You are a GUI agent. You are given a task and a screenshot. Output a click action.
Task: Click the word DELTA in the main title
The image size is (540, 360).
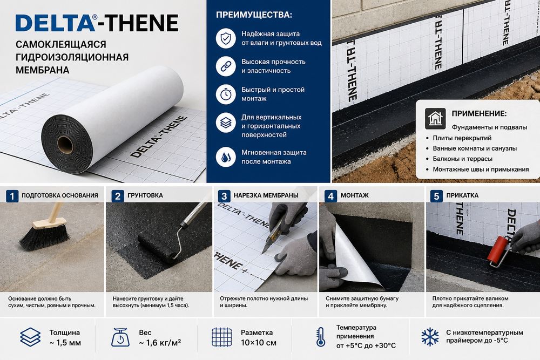[x=55, y=23]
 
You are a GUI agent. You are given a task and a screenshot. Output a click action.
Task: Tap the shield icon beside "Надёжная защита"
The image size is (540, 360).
[x=226, y=38]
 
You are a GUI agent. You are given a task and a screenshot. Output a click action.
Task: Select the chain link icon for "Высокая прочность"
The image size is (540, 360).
[x=226, y=66]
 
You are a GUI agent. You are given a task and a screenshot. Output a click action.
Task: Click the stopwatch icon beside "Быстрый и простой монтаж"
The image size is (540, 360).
[x=226, y=94]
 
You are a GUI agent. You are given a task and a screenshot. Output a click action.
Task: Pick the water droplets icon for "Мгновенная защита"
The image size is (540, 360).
[x=226, y=157]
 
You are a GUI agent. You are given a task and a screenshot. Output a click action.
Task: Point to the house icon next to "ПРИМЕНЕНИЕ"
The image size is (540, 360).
[x=435, y=118]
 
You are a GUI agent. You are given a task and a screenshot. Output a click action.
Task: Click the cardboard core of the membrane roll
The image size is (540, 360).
[x=65, y=145]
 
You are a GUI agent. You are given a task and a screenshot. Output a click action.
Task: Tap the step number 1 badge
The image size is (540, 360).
[x=12, y=196]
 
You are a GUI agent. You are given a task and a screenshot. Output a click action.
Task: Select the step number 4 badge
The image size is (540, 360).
[x=330, y=196]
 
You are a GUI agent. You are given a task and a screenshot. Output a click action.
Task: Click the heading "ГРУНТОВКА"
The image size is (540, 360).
[x=145, y=195]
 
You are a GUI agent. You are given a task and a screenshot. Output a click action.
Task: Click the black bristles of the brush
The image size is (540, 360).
[x=44, y=237]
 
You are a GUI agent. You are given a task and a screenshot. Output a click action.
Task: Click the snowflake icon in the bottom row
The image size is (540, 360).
[x=430, y=337]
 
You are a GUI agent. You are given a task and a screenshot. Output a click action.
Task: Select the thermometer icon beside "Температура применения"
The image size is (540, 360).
[x=321, y=337]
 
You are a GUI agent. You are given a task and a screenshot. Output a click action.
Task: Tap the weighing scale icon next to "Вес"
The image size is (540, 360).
[x=120, y=337]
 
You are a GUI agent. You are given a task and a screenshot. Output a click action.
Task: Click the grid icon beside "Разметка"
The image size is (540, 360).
[x=222, y=337]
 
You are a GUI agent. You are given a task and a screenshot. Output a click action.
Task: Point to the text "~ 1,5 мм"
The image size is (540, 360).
[x=65, y=343]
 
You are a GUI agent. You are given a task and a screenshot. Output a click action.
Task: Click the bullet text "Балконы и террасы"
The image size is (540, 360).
[x=463, y=159]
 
